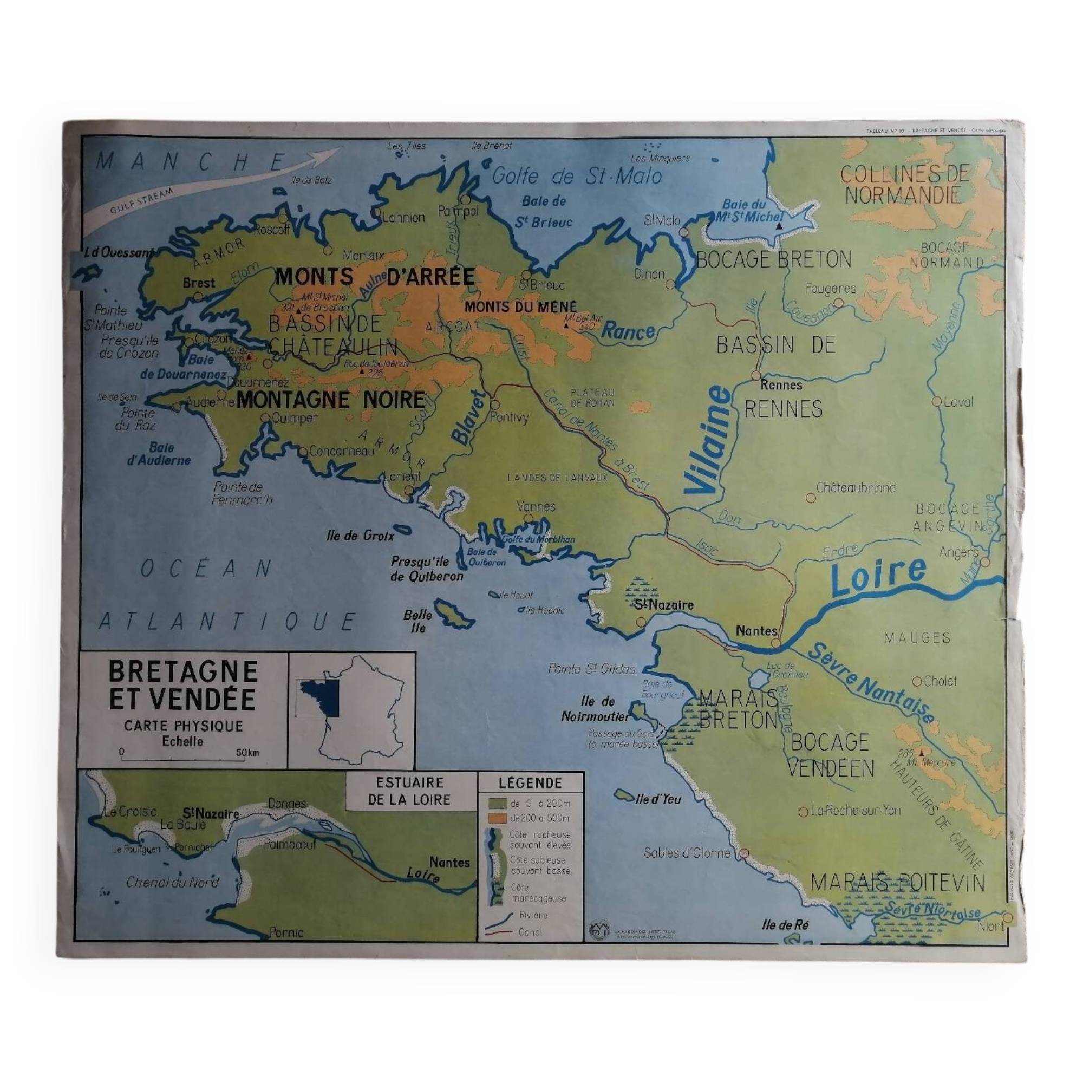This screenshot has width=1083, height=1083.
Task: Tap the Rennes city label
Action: tap(781, 385)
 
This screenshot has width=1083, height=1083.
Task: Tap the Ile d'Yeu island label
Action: tap(658, 799)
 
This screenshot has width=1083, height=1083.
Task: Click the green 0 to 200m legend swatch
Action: tap(498, 804)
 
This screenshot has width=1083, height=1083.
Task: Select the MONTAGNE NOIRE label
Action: tap(331, 400)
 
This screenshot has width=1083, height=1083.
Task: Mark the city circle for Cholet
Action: tap(917, 682)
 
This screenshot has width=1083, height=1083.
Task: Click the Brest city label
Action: tap(199, 283)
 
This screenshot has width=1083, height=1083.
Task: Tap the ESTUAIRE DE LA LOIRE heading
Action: tap(409, 791)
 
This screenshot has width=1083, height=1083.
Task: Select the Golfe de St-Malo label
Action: tap(576, 177)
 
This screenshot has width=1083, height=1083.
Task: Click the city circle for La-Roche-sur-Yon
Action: tap(803, 812)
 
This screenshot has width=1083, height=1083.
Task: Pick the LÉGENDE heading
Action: tap(530, 782)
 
